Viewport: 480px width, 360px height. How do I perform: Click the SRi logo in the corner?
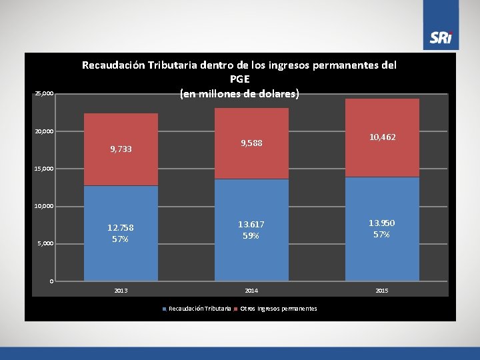(x=441, y=37)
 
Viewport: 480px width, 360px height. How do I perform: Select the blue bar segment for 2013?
(x=121, y=233)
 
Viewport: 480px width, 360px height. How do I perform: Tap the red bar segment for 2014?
(x=251, y=143)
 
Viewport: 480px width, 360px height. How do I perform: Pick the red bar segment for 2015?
(x=383, y=138)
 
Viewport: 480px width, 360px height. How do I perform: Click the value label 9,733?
(x=121, y=149)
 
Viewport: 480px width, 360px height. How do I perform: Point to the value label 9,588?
(x=251, y=143)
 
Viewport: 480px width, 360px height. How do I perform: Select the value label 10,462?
(x=383, y=137)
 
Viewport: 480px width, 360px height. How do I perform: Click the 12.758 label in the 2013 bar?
(x=121, y=228)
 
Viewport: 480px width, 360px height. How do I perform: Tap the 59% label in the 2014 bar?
(x=251, y=236)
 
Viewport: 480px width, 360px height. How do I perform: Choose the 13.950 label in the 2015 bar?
(x=382, y=223)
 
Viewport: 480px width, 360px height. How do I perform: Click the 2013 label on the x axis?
(x=121, y=291)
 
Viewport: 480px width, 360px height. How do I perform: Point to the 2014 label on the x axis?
(x=251, y=291)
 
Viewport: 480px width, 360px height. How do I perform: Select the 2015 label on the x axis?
(x=382, y=291)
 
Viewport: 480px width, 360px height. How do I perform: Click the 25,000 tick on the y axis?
(x=45, y=93)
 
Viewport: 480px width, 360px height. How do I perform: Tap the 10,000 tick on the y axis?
(x=44, y=206)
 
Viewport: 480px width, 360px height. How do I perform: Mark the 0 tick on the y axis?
(x=52, y=281)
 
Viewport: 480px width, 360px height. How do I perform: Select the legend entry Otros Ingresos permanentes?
(x=275, y=309)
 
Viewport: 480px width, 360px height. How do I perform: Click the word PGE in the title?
(x=240, y=79)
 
